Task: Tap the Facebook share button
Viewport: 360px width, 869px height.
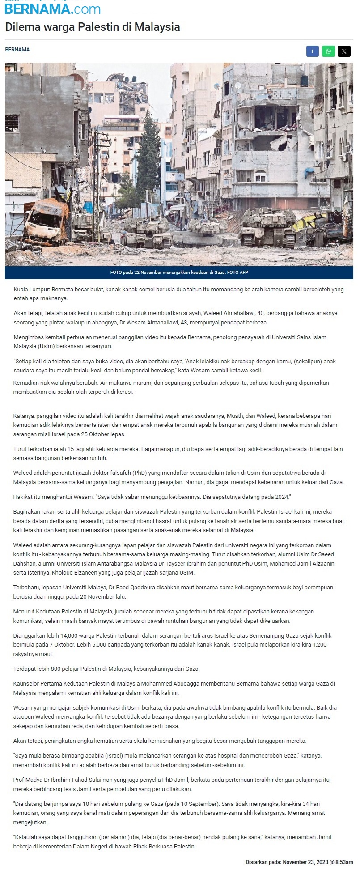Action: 313,51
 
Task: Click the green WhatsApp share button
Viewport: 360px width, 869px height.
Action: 328,51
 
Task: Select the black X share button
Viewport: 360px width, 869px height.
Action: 344,51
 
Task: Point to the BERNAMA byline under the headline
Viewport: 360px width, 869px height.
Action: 17,50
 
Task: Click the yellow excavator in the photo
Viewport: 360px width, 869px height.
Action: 313,221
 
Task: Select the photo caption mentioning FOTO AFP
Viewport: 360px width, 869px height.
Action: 179,273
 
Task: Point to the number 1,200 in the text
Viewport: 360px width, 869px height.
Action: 319,645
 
